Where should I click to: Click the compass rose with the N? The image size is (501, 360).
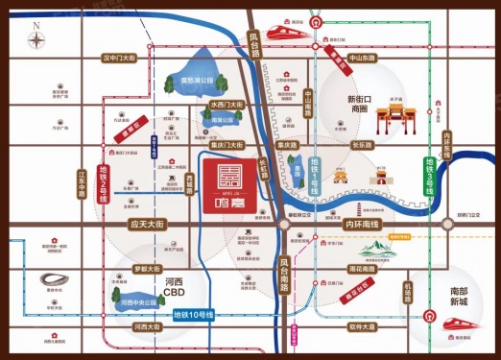[36, 39]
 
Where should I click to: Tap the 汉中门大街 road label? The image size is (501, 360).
[120, 59]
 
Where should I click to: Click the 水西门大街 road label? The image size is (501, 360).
[228, 103]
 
